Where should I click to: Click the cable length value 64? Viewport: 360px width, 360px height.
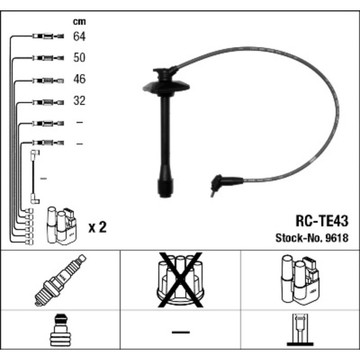coord(79,37)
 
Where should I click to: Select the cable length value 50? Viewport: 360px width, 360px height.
coord(79,58)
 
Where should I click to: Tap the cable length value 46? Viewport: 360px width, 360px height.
coord(79,80)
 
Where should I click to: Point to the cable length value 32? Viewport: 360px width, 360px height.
coord(79,101)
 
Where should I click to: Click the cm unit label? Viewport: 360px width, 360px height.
coord(79,22)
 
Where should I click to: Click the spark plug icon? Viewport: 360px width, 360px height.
coord(60,280)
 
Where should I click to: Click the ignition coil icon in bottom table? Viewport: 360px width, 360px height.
coord(300,280)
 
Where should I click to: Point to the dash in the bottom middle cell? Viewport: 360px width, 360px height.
coord(180,332)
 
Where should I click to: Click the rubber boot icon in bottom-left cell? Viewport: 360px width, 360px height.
coord(60,332)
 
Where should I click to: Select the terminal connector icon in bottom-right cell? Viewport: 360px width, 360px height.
coord(300,330)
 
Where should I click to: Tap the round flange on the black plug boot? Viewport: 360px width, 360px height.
coord(164,85)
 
